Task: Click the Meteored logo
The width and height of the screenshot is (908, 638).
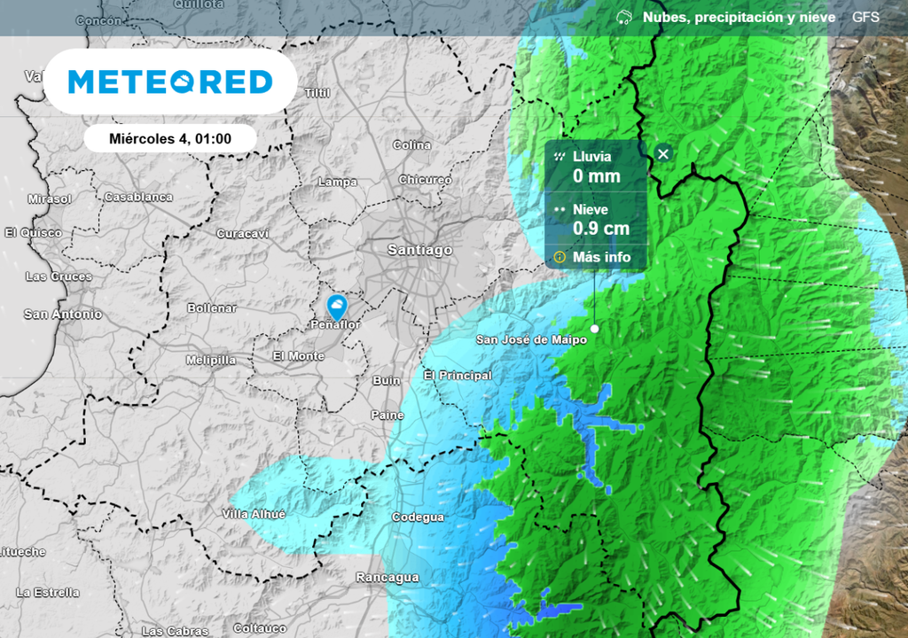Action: click(x=170, y=82)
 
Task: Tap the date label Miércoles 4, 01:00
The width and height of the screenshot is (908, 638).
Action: click(x=170, y=138)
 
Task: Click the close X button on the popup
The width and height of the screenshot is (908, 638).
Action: click(x=663, y=154)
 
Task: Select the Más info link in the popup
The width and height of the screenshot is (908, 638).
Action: click(x=601, y=257)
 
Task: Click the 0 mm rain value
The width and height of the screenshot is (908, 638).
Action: click(x=596, y=176)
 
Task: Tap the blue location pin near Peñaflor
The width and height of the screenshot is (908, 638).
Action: click(x=338, y=307)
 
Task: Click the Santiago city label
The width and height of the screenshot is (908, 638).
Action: click(x=419, y=251)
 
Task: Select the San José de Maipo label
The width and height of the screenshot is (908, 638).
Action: click(x=520, y=339)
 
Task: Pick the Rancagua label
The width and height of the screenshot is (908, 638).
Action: click(x=387, y=578)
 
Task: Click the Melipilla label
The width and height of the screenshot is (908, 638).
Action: click(x=211, y=361)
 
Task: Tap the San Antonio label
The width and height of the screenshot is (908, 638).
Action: click(x=62, y=315)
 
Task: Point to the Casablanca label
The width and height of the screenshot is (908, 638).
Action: click(x=138, y=197)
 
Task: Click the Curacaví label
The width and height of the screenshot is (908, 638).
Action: click(x=242, y=234)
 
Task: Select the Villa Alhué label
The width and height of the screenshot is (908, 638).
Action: click(x=254, y=515)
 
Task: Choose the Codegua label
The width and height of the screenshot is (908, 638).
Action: click(x=418, y=517)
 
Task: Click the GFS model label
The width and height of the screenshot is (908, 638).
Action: click(x=865, y=17)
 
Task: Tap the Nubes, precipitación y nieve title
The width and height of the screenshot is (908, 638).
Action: click(x=738, y=17)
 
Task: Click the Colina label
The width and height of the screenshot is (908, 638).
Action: click(x=411, y=145)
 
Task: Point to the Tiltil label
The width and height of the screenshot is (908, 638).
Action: click(x=317, y=93)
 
